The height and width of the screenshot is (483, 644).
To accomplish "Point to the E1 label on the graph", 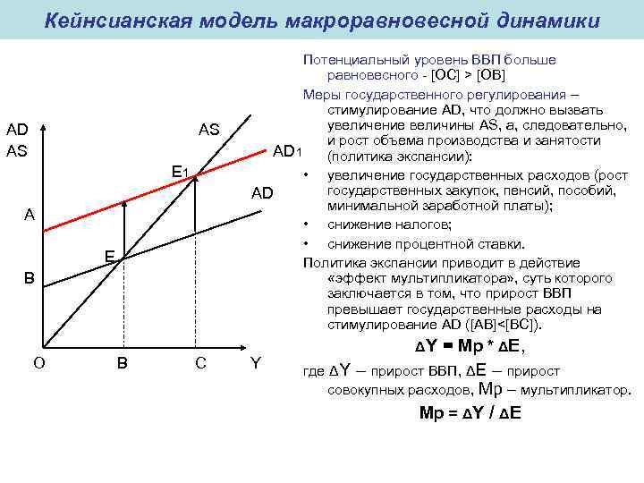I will coord(179,169).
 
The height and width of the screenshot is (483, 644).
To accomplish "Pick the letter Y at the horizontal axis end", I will coord(257,363).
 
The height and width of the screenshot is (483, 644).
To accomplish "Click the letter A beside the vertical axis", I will coord(30,215).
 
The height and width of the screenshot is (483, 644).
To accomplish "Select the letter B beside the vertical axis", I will coord(30,278).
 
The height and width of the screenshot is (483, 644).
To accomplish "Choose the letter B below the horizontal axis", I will coord(122,363).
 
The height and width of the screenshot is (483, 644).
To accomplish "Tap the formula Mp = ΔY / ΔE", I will coord(470,412).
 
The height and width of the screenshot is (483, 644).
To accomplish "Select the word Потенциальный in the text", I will coord(349,60).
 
